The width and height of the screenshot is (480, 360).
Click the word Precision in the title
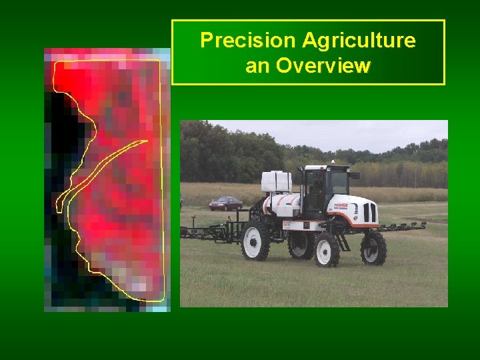coord(247,41)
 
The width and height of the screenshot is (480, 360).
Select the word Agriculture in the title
coord(359,41)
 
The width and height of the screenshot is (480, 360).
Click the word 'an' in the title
coord(258,66)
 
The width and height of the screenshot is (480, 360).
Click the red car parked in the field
coord(225,203)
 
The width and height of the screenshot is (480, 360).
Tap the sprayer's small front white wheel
coord(327,249)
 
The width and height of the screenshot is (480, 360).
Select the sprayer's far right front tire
coord(373,247)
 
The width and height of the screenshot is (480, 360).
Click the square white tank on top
coord(276,181)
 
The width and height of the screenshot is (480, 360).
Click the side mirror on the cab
coord(355,175)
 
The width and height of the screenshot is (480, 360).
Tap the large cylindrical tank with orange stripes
coord(283,203)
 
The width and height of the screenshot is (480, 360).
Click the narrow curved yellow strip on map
coord(100,167)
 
